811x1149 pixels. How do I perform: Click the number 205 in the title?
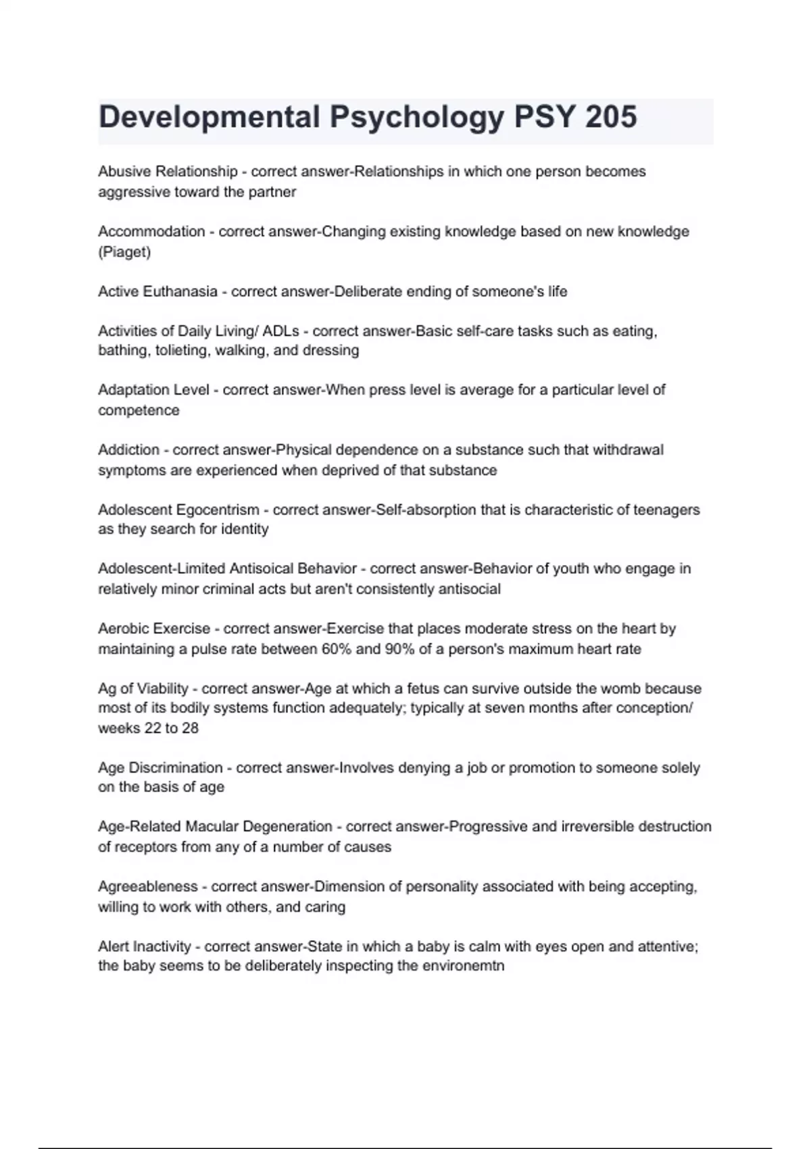coord(611,117)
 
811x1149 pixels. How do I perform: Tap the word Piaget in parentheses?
coord(124,252)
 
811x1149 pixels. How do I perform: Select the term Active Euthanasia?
coord(157,291)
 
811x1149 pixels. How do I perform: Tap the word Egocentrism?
coord(218,510)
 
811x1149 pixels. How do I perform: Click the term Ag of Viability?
coord(143,689)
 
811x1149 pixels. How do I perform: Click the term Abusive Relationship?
coord(168,172)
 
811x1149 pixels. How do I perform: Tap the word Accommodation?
coord(151,231)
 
